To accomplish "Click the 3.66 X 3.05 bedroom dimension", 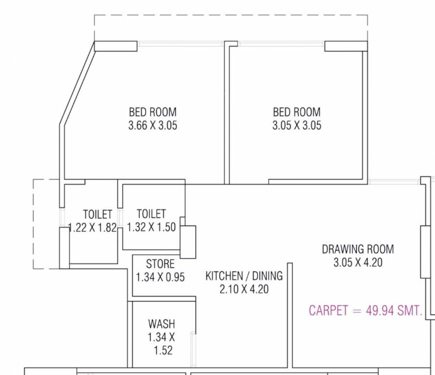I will click(152, 125).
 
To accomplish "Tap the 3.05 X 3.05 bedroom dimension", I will click(297, 125).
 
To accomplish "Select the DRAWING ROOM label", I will click(357, 249).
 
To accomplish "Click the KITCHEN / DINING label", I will click(243, 276).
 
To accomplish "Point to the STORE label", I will click(160, 264).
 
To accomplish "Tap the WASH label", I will click(161, 324).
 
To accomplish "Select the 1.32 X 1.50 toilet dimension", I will click(151, 227).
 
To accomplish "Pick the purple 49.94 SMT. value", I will click(393, 311).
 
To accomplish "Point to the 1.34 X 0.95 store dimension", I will click(160, 277).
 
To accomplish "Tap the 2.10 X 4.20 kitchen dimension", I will click(243, 289).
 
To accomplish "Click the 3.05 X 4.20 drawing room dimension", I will click(357, 262).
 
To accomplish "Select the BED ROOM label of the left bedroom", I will click(152, 112).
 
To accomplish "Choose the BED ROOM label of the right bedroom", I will click(297, 112).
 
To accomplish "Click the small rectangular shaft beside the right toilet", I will click(188, 242).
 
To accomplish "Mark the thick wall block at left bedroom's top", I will click(116, 46).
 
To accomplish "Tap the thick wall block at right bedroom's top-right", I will click(346, 46).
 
